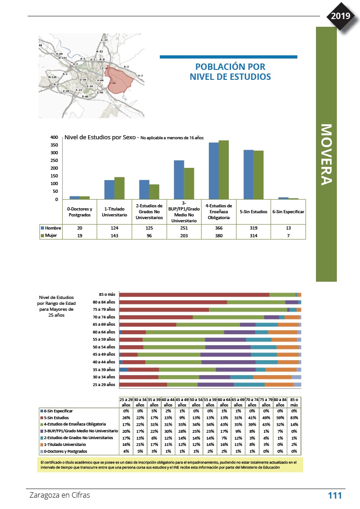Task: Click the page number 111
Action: (335, 495)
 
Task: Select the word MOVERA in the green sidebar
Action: (326, 154)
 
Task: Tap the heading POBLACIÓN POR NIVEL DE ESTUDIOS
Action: (230, 72)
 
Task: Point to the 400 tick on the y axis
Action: (54, 137)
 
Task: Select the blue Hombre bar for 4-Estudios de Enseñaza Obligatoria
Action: (213, 171)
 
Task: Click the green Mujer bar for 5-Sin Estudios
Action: (258, 175)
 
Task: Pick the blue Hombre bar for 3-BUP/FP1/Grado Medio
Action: (179, 180)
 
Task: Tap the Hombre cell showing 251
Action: (184, 228)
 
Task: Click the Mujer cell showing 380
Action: (219, 235)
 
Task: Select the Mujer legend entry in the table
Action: (51, 235)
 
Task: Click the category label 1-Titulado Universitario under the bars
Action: (114, 211)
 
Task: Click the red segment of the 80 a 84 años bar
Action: (173, 302)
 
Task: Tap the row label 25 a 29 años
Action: (104, 385)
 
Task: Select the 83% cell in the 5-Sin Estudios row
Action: (294, 417)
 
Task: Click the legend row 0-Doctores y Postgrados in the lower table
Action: (68, 451)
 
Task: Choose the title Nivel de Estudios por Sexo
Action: (101, 137)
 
